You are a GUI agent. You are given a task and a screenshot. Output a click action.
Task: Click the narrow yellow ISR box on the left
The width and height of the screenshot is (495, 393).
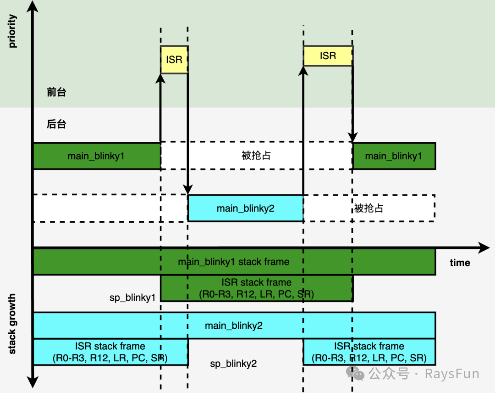(174, 60)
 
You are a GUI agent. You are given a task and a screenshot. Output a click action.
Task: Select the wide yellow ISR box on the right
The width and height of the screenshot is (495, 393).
(328, 56)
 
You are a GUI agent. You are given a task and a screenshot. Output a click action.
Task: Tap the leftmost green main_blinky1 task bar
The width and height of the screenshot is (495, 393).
(96, 156)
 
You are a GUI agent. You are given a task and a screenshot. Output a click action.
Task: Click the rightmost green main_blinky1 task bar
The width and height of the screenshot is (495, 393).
(394, 156)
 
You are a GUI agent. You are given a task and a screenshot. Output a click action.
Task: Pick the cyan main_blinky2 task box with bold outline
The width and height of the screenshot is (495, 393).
(246, 208)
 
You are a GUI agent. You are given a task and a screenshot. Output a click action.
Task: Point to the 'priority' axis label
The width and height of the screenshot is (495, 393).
(12, 31)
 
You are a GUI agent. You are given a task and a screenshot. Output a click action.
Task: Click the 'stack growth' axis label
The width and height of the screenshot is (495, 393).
(12, 324)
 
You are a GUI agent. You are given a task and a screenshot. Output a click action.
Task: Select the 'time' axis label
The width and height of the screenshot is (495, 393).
(460, 263)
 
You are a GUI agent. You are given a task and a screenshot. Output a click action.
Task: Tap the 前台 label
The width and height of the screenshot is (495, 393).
(56, 92)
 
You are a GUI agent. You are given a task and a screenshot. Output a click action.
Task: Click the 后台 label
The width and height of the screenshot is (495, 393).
(56, 124)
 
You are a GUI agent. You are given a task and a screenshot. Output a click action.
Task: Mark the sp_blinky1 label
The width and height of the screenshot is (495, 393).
(132, 298)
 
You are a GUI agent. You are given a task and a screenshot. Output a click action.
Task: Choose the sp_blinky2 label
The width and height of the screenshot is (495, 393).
(233, 364)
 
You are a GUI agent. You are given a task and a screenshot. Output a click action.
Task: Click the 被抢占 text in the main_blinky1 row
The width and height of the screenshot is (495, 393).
(256, 156)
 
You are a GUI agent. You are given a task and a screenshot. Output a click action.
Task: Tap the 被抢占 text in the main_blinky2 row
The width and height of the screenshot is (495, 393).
(368, 208)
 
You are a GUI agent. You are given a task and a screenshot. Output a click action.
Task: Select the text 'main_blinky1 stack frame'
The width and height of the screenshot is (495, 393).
(234, 262)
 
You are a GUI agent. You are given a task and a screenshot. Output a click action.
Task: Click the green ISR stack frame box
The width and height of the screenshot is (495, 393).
(256, 288)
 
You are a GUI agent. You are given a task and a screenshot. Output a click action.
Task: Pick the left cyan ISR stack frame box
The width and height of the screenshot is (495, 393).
(110, 352)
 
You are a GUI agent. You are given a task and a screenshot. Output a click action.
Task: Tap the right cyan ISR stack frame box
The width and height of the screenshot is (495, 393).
(369, 352)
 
